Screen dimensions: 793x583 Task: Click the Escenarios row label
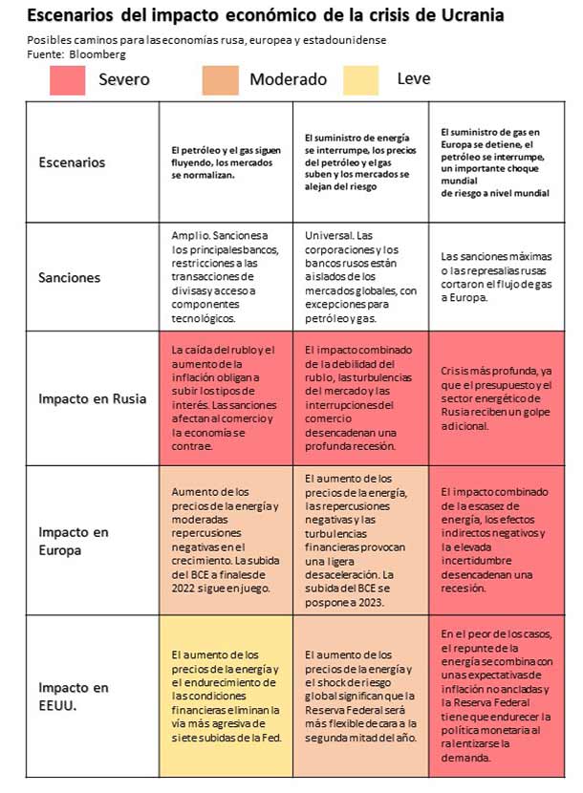point(72,162)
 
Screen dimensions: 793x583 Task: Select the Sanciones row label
point(69,277)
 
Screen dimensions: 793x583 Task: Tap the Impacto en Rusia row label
point(92,398)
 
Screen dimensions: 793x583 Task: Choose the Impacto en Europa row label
point(74,540)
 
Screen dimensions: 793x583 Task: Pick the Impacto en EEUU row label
point(74,695)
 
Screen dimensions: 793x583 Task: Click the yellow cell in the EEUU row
point(226,695)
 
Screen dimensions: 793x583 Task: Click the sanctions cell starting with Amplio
point(226,277)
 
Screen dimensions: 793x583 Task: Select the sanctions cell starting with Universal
point(360,277)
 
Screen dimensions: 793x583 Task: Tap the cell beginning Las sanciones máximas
point(495,277)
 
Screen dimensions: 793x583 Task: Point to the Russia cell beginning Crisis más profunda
point(495,398)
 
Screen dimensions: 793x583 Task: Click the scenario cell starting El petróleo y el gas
point(226,162)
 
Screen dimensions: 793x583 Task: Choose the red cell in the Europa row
point(495,540)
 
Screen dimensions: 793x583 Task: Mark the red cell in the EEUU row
point(495,695)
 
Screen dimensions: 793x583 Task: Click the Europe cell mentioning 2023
point(360,540)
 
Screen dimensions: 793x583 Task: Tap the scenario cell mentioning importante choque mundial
point(495,162)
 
